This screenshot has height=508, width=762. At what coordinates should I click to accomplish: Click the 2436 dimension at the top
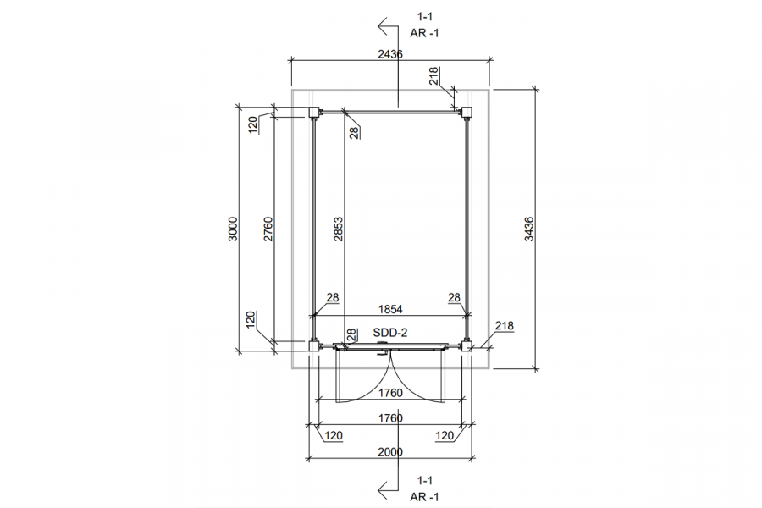(390, 53)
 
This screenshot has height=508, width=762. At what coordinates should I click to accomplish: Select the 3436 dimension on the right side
(529, 229)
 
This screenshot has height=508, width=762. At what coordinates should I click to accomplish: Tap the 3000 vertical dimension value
(234, 229)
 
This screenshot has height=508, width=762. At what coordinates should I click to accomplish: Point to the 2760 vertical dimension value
(268, 229)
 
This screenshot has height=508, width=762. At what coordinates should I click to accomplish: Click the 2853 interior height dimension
(338, 229)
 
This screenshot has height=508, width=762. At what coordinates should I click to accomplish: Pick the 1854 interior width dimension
(390, 309)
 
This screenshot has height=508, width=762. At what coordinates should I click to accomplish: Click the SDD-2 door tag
(390, 333)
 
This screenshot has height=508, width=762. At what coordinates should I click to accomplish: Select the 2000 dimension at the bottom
(390, 452)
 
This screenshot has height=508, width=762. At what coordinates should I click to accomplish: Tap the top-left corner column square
(314, 113)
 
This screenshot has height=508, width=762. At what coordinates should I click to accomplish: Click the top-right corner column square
(467, 113)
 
